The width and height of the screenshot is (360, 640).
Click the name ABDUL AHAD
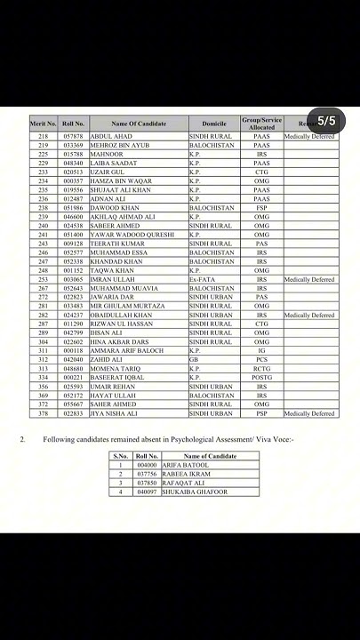click(111, 136)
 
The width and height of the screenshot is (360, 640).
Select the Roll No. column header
click(74, 124)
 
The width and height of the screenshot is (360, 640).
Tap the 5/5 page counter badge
click(326, 120)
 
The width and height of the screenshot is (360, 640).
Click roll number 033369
click(74, 144)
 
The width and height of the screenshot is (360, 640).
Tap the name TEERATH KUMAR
click(116, 243)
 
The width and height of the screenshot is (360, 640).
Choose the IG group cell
click(261, 350)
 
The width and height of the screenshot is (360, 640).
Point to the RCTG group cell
click(261, 368)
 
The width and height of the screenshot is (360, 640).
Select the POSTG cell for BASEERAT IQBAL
click(261, 377)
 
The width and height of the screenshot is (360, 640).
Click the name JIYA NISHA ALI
click(116, 413)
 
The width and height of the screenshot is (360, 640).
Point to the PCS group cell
click(261, 359)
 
